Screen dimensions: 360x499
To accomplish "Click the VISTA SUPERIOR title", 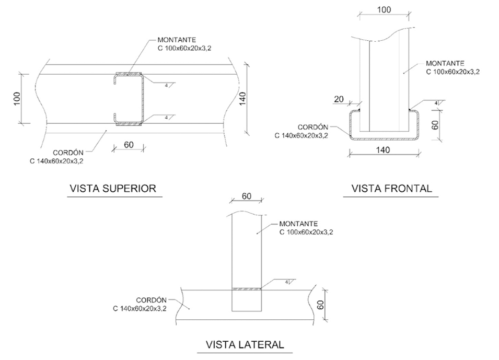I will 113,189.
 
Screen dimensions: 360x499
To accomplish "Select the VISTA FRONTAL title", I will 392,189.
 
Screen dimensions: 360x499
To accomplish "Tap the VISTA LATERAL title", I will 245,344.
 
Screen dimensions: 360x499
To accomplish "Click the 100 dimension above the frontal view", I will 384,10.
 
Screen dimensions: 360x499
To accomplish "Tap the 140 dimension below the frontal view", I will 383,149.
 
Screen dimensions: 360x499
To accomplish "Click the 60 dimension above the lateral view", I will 247,196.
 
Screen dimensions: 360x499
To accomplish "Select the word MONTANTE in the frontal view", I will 442,63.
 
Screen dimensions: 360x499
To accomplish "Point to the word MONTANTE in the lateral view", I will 296,224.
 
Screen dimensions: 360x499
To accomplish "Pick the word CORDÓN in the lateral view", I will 151,300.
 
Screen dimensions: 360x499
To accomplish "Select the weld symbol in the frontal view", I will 436,103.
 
